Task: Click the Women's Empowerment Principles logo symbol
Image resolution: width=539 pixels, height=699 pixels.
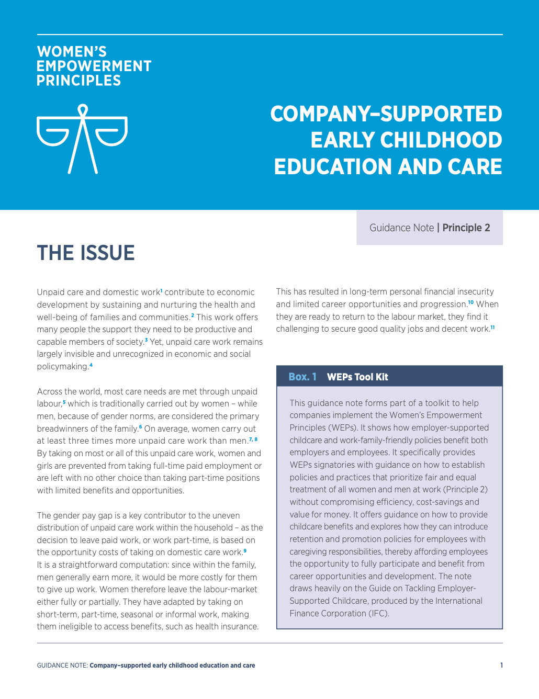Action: click(82, 139)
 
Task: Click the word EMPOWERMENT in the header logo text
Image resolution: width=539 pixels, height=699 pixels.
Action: click(94, 66)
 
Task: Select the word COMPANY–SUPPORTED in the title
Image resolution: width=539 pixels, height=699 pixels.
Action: click(386, 114)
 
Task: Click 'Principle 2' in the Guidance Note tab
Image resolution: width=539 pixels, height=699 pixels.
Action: click(466, 228)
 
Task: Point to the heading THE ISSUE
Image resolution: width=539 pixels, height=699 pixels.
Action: click(86, 253)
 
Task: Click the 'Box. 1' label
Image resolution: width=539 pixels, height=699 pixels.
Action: click(302, 377)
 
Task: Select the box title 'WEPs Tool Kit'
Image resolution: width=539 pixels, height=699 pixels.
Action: click(357, 377)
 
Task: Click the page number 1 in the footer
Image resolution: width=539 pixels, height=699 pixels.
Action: click(501, 666)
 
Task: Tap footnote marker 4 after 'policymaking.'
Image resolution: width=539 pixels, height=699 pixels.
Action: click(91, 365)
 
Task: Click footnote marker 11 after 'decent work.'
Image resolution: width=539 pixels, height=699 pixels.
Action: click(492, 328)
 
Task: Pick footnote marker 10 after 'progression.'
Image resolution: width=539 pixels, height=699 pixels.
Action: click(471, 302)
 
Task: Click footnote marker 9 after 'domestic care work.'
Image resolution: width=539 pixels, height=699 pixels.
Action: click(245, 550)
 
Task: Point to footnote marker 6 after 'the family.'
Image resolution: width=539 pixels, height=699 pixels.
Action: click(140, 427)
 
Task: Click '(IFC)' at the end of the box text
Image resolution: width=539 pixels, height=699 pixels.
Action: click(378, 613)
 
